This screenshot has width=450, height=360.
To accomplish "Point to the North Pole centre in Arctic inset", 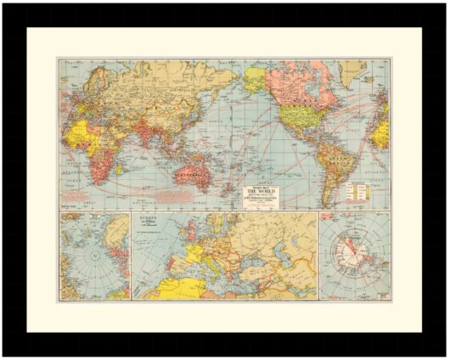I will point(95,255).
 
